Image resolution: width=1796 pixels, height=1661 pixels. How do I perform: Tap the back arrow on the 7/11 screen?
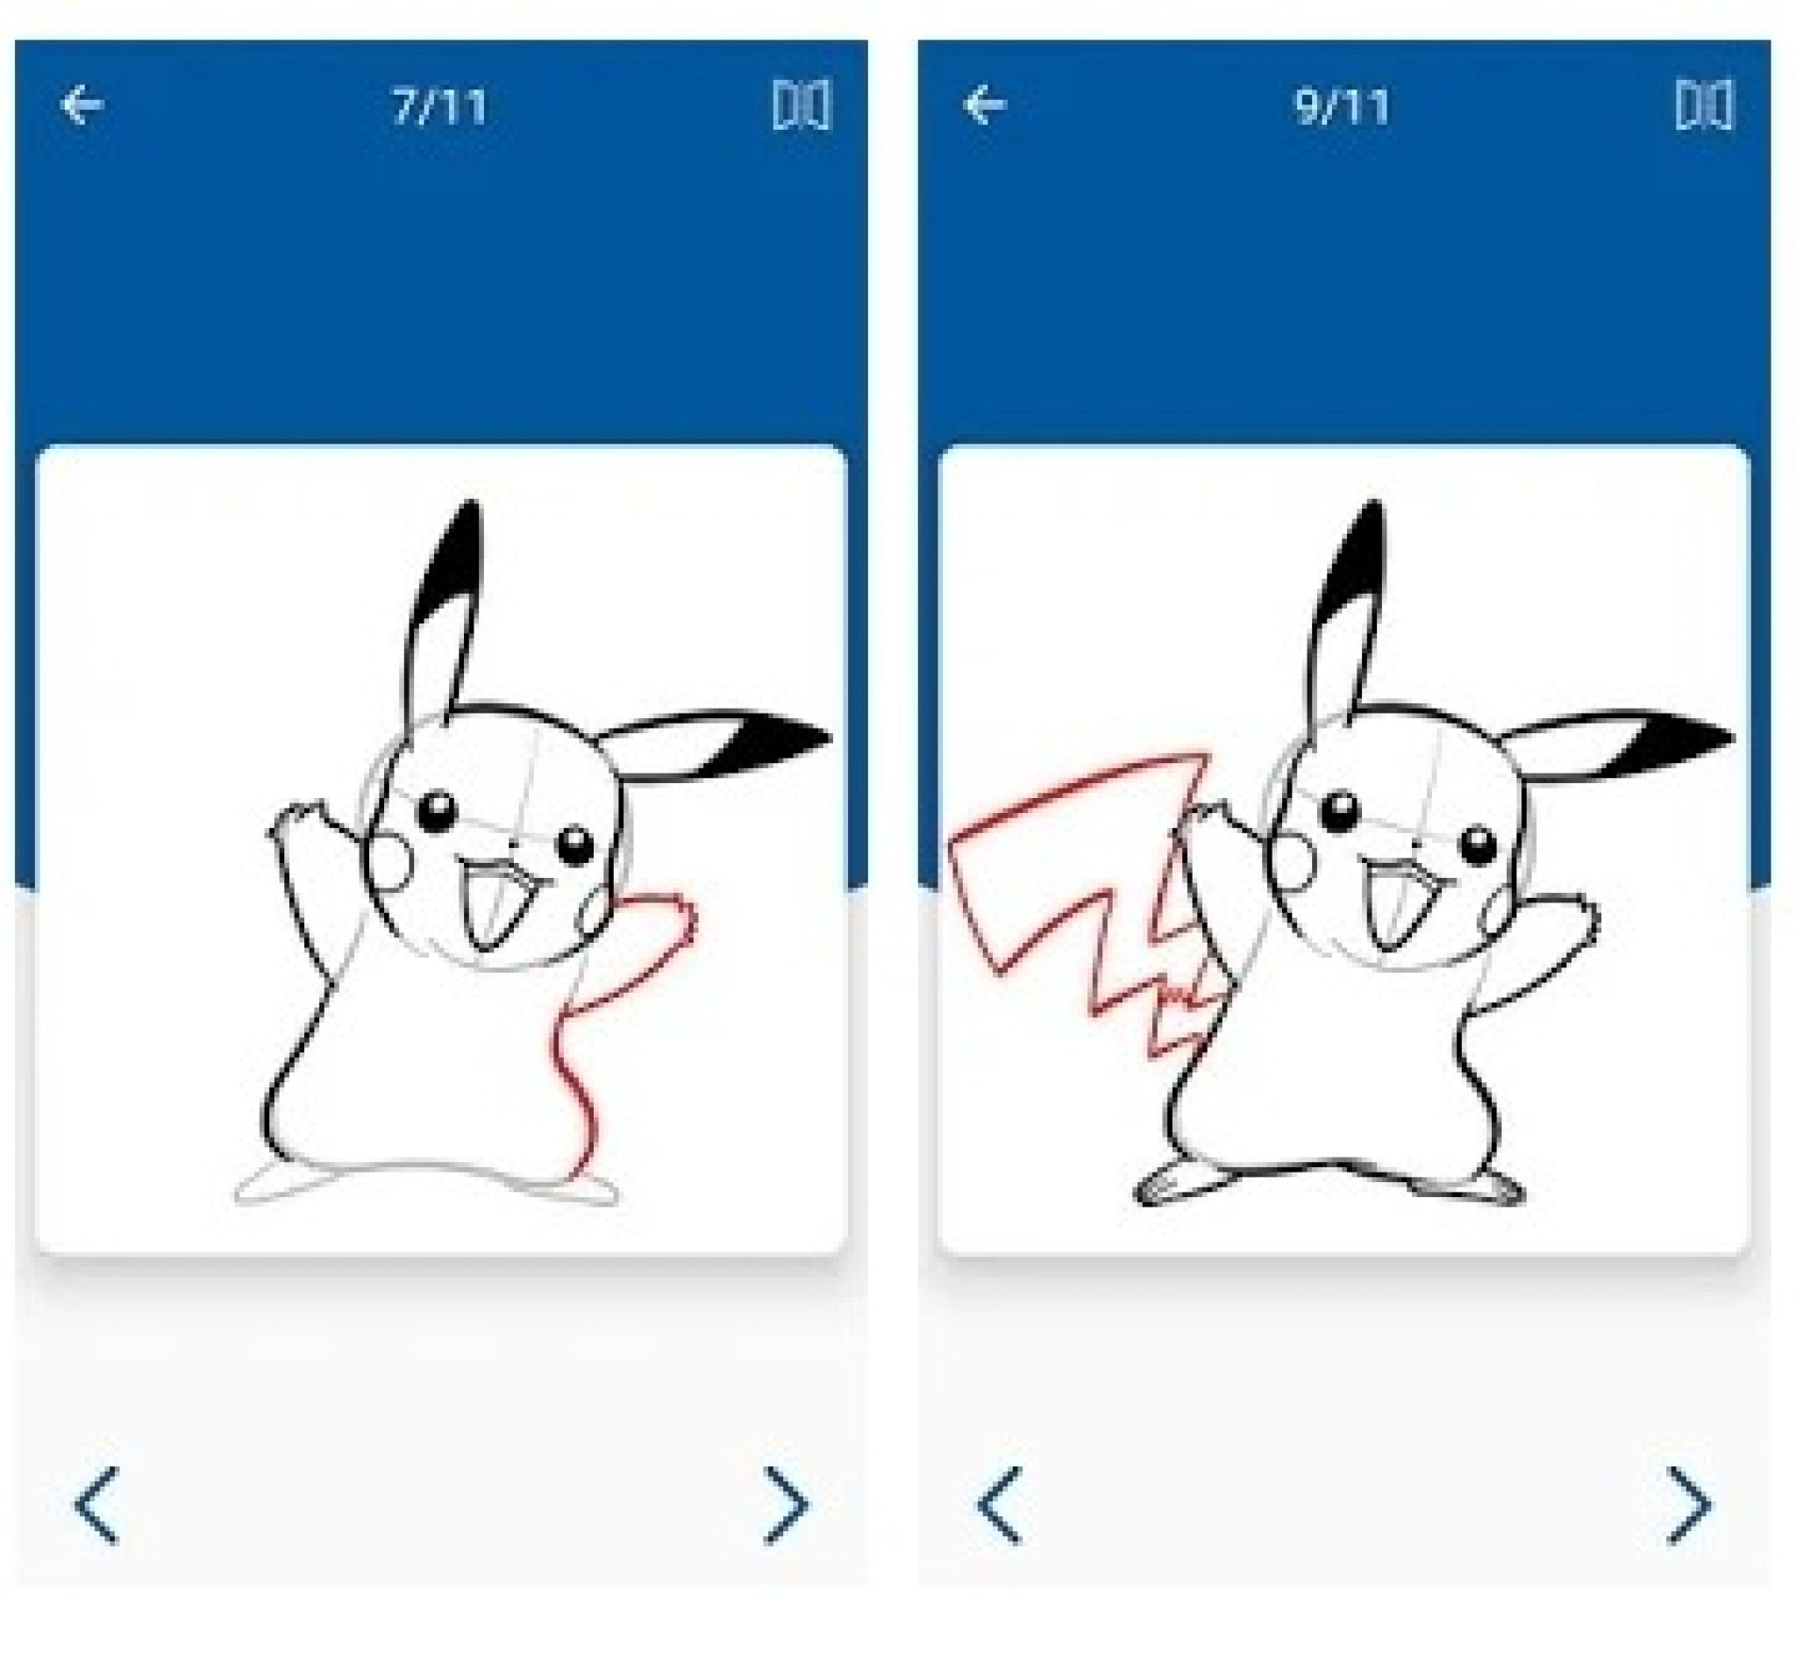coord(82,105)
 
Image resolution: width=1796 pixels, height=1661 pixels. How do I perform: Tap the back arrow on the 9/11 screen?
coord(984,105)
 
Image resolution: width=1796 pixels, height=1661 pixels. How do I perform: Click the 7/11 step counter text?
coord(439,107)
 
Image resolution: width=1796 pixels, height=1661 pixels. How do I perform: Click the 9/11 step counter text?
coord(1342,107)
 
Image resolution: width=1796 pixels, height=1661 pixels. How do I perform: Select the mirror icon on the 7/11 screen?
coord(801,105)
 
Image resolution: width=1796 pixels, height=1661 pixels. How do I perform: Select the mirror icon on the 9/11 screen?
coord(1704,105)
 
